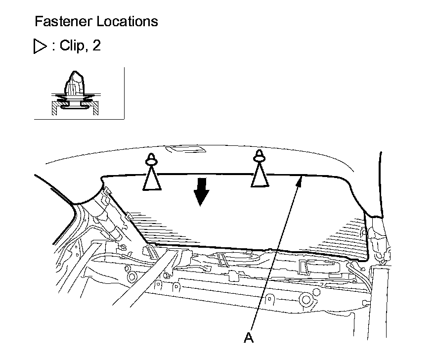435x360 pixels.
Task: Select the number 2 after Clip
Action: pyautogui.click(x=96, y=46)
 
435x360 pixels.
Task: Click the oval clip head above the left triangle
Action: pyautogui.click(x=152, y=159)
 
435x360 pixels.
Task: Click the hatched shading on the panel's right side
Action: pyautogui.click(x=341, y=237)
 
